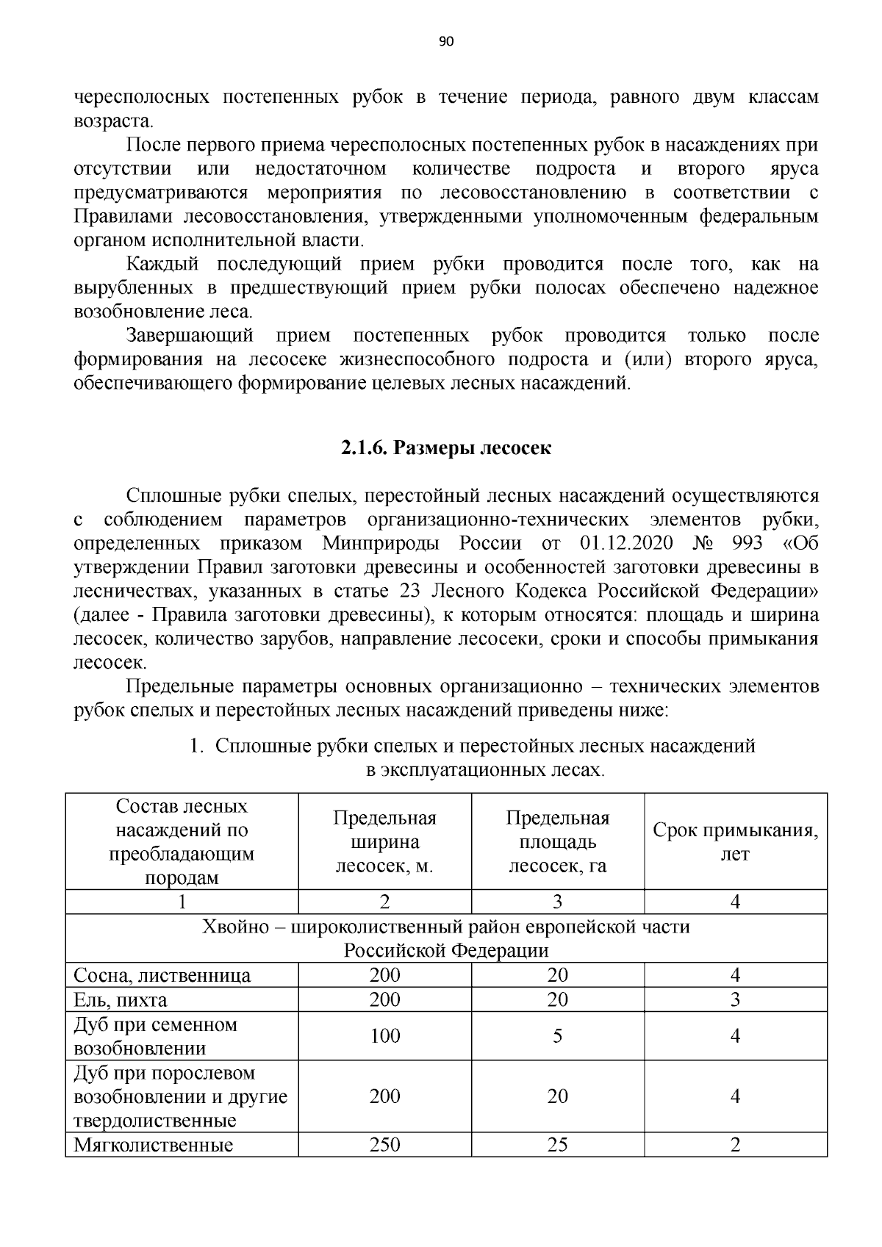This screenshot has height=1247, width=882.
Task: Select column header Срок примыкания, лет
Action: coord(735,841)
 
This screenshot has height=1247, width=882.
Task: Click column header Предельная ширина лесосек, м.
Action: coord(384,841)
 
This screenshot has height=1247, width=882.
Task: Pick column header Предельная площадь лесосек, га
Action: coord(557,841)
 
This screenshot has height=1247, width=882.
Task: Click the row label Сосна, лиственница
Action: coord(162,975)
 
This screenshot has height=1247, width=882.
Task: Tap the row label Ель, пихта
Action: coord(121,999)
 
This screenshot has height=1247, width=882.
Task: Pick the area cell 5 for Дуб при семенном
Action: coord(557,1036)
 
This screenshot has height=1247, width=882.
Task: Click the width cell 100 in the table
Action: coord(384,1036)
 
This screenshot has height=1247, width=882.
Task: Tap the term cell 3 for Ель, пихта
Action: coord(735,999)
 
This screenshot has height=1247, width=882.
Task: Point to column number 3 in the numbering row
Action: coord(557,902)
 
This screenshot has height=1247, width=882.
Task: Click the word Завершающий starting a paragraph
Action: coord(190,336)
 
